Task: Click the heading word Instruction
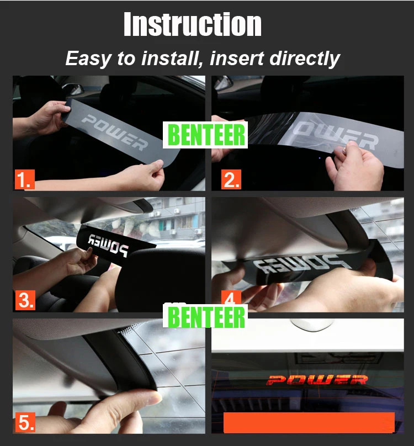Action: point(193,24)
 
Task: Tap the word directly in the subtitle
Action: point(305,59)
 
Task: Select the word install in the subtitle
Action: point(173,59)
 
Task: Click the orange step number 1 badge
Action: point(25,179)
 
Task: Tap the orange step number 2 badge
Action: point(231,179)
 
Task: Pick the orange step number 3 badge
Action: point(25,300)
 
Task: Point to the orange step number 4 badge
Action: point(231,298)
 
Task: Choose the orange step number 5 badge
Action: point(25,422)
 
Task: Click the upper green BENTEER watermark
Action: point(205,135)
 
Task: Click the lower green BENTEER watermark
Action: point(205,317)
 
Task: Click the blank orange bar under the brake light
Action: point(309,423)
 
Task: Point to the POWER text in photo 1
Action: point(114,132)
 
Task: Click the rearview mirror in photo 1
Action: point(73,89)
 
